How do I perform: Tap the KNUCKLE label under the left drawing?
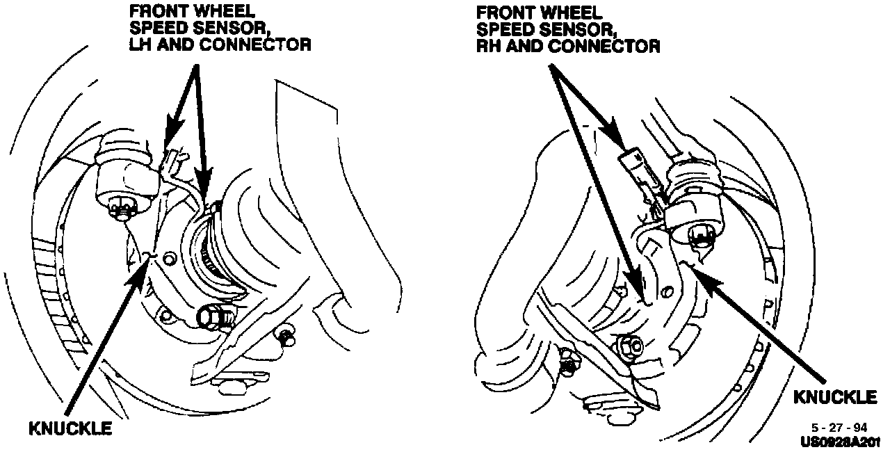(70, 428)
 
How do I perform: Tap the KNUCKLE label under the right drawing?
(835, 397)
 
